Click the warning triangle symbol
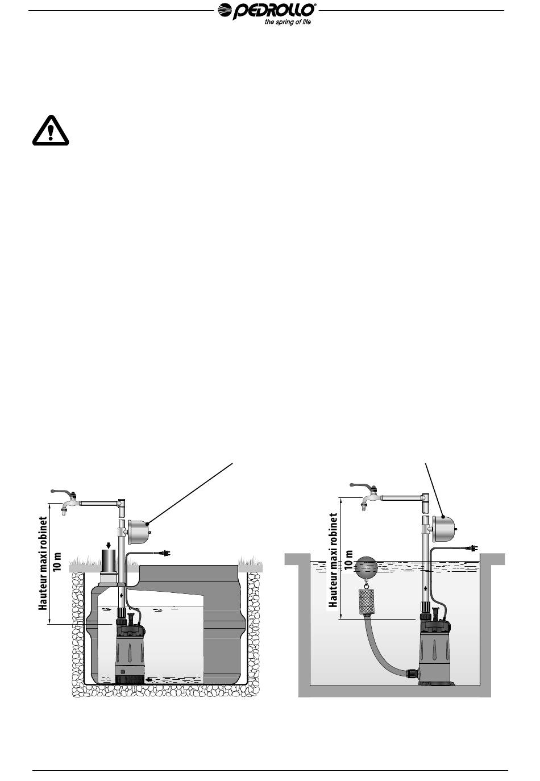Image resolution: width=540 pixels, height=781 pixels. [x=51, y=131]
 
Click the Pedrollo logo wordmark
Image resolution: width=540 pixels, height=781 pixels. [x=267, y=11]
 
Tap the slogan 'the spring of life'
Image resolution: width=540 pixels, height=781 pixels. [x=288, y=23]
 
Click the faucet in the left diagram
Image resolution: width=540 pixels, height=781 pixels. [x=67, y=500]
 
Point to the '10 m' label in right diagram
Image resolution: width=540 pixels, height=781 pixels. [x=348, y=561]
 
